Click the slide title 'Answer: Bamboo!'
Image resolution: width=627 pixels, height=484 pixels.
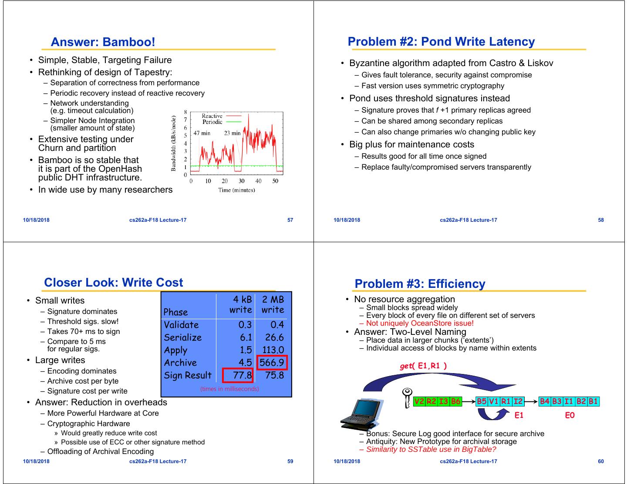pyautogui.click(x=103, y=42)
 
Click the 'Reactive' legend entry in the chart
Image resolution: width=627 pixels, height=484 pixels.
pyautogui.click(x=212, y=116)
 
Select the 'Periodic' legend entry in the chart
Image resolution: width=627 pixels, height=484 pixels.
pyautogui.click(x=212, y=122)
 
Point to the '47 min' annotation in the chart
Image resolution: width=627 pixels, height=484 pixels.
pyautogui.click(x=202, y=133)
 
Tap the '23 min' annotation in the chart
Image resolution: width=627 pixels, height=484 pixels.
pyautogui.click(x=232, y=133)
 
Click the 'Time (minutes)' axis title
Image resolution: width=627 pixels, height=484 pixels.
pyautogui.click(x=236, y=190)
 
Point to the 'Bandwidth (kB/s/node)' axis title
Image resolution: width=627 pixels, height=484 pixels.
pyautogui.click(x=173, y=144)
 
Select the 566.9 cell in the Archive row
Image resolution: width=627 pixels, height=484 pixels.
pyautogui.click(x=272, y=363)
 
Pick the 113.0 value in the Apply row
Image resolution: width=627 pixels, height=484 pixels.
pyautogui.click(x=273, y=350)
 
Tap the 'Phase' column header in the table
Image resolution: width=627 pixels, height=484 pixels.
pyautogui.click(x=175, y=312)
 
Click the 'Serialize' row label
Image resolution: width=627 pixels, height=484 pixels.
pyautogui.click(x=183, y=337)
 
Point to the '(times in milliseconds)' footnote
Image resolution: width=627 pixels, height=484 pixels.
pyautogui.click(x=229, y=389)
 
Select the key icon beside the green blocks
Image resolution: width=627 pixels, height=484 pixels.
pyautogui.click(x=408, y=397)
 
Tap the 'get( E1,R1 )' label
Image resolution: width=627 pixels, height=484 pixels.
pyautogui.click(x=423, y=366)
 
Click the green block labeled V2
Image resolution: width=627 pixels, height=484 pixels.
pyautogui.click(x=419, y=401)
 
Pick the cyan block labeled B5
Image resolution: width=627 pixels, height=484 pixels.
pyautogui.click(x=482, y=401)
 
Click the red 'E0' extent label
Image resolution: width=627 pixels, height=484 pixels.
pyautogui.click(x=570, y=415)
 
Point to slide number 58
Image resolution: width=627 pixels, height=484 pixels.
pyautogui.click(x=601, y=220)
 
